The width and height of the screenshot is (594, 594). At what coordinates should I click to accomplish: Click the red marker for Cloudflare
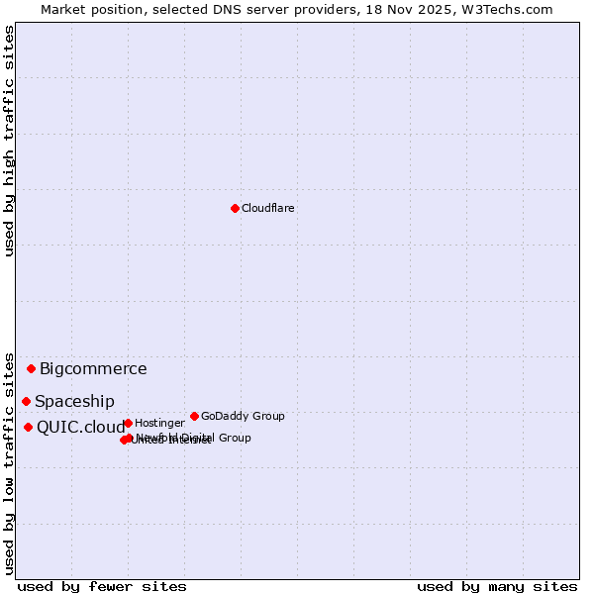(235, 208)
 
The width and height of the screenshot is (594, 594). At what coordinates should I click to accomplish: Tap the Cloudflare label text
(267, 208)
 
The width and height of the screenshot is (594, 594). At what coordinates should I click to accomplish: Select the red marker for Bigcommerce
(31, 368)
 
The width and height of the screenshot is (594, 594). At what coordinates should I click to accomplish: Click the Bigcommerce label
(93, 369)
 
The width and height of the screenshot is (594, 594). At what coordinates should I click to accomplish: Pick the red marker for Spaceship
(26, 401)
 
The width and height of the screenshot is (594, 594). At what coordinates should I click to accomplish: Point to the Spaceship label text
(74, 401)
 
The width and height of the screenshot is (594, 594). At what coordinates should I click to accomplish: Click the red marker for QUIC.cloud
(28, 427)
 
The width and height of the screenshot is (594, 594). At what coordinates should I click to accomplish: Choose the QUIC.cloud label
(80, 428)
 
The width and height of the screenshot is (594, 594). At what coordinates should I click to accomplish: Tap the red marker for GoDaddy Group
(194, 416)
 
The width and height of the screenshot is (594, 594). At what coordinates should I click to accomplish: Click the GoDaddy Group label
(243, 416)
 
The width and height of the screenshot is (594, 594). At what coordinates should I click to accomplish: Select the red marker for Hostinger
(128, 423)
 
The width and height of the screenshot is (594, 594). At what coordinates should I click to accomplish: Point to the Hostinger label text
(159, 423)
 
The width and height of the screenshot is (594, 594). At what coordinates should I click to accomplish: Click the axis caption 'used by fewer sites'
(102, 586)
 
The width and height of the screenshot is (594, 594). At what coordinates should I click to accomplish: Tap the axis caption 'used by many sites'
(497, 586)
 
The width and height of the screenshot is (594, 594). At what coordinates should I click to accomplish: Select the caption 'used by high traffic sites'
(9, 141)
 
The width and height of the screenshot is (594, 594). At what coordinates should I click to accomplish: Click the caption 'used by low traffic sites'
(9, 462)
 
